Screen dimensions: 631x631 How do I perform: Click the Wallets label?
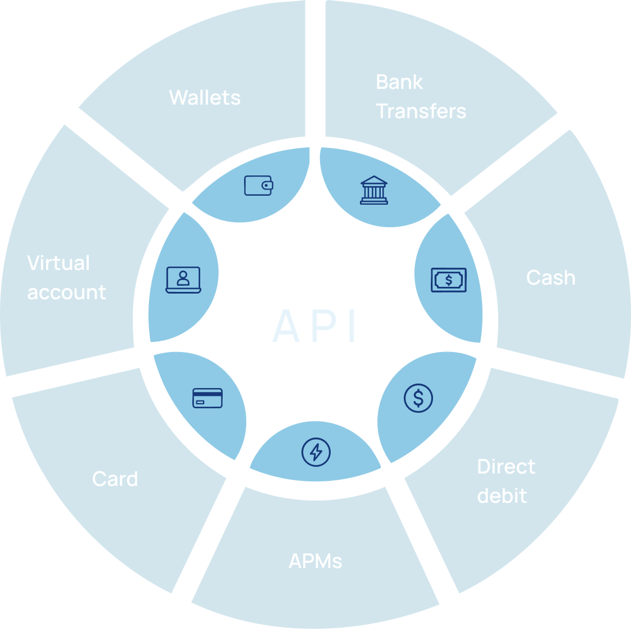pyautogui.click(x=205, y=98)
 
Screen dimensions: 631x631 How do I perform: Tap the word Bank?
pyautogui.click(x=399, y=82)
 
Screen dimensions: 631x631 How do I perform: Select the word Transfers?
pyautogui.click(x=421, y=111)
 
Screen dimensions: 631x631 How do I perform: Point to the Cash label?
pyautogui.click(x=551, y=278)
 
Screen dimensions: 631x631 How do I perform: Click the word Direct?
pyautogui.click(x=506, y=467)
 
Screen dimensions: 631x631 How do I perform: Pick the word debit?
pyautogui.click(x=502, y=496)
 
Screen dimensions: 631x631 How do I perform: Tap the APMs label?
pyautogui.click(x=315, y=561)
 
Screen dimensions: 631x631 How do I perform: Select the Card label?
pyautogui.click(x=115, y=479)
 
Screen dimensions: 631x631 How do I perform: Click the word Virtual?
pyautogui.click(x=58, y=263)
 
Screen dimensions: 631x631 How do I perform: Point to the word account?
pyautogui.click(x=66, y=292)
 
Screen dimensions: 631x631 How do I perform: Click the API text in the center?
pyautogui.click(x=315, y=326)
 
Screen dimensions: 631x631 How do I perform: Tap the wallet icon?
pyautogui.click(x=259, y=185)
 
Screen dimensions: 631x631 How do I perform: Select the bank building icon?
pyautogui.click(x=373, y=190)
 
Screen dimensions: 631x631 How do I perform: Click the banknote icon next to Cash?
pyautogui.click(x=449, y=280)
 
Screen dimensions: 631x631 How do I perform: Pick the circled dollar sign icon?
pyautogui.click(x=418, y=398)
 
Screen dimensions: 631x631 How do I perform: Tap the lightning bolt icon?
pyautogui.click(x=316, y=452)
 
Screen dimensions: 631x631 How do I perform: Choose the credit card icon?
pyautogui.click(x=208, y=398)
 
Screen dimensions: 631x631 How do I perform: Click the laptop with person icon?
pyautogui.click(x=183, y=280)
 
